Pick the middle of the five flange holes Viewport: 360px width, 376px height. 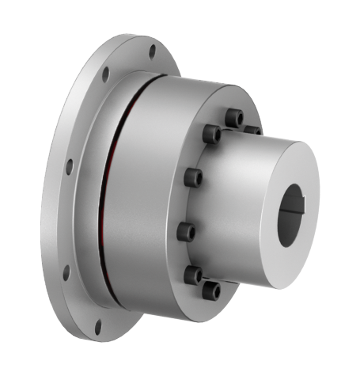[69, 167]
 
